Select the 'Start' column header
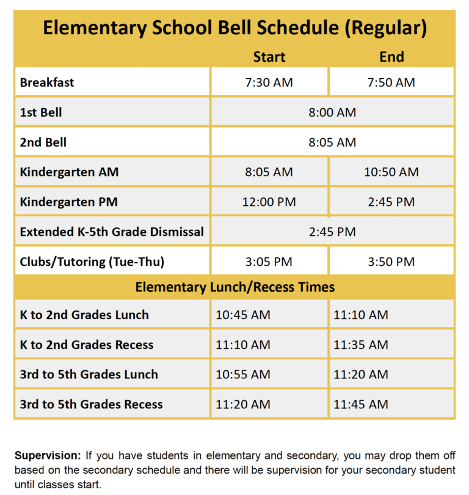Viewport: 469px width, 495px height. click(269, 57)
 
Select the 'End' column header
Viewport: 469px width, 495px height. click(391, 57)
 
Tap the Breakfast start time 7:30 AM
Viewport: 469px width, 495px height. click(269, 82)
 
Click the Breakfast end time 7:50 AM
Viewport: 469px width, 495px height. click(391, 82)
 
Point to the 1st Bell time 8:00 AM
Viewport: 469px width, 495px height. click(332, 112)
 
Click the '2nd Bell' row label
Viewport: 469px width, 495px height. click(43, 142)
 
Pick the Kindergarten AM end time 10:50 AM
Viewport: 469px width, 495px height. click(391, 172)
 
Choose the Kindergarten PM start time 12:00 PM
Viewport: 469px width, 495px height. click(269, 202)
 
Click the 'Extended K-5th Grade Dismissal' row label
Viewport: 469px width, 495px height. click(112, 232)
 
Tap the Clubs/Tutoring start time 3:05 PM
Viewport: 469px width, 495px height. click(269, 262)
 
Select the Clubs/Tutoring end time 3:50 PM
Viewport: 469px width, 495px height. click(391, 262)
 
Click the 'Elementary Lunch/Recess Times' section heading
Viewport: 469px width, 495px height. click(234, 287)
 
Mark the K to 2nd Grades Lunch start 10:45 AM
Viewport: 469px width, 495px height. click(242, 315)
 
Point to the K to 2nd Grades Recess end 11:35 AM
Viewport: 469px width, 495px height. click(360, 345)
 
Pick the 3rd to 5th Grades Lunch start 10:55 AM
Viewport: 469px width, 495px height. click(242, 375)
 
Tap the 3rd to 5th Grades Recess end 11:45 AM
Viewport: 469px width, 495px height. click(360, 405)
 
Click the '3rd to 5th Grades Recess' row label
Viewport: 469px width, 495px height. click(92, 405)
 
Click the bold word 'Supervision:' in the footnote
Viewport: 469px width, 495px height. click(47, 456)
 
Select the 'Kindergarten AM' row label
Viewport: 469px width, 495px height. click(69, 172)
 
